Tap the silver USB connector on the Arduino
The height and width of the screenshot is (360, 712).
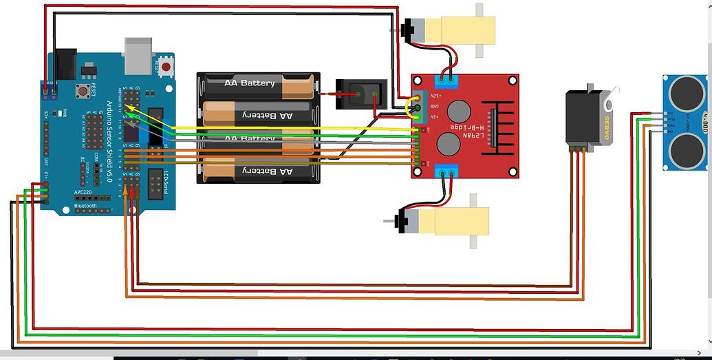pos(138,55)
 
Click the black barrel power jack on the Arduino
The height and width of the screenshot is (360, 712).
pos(66,64)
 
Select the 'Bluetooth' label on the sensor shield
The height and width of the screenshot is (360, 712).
pos(86,206)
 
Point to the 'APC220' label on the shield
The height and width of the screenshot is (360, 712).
pos(83,193)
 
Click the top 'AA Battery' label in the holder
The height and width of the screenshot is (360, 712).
pos(249,83)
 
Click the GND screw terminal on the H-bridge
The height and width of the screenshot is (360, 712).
pos(418,107)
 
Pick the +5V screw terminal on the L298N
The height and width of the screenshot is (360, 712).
pos(418,116)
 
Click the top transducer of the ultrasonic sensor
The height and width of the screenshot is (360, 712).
pos(685,89)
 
